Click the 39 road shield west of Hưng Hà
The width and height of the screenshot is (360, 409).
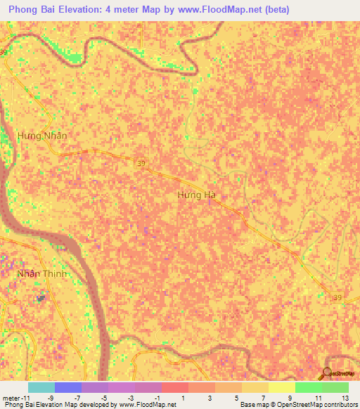[x=141, y=162]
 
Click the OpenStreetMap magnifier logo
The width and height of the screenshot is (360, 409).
[x=328, y=373]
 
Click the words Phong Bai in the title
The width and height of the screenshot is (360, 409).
[x=34, y=10]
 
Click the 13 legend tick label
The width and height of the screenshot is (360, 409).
[x=345, y=398]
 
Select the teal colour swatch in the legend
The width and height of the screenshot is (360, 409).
[x=41, y=387]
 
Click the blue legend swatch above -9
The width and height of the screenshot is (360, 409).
[x=67, y=387]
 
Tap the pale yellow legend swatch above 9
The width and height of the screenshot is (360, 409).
[x=281, y=387]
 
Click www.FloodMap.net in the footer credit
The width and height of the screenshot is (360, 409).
[x=149, y=405]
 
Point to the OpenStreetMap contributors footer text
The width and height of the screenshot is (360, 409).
[x=316, y=405]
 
